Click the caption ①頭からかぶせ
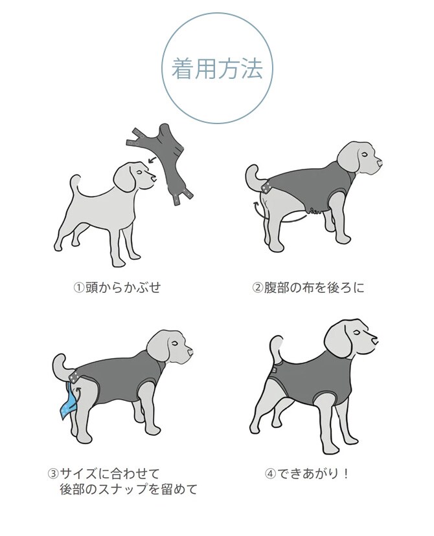[116, 287]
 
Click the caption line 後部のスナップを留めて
[128, 489]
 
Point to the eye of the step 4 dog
[363, 334]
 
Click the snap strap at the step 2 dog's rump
[266, 188]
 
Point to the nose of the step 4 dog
[378, 339]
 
